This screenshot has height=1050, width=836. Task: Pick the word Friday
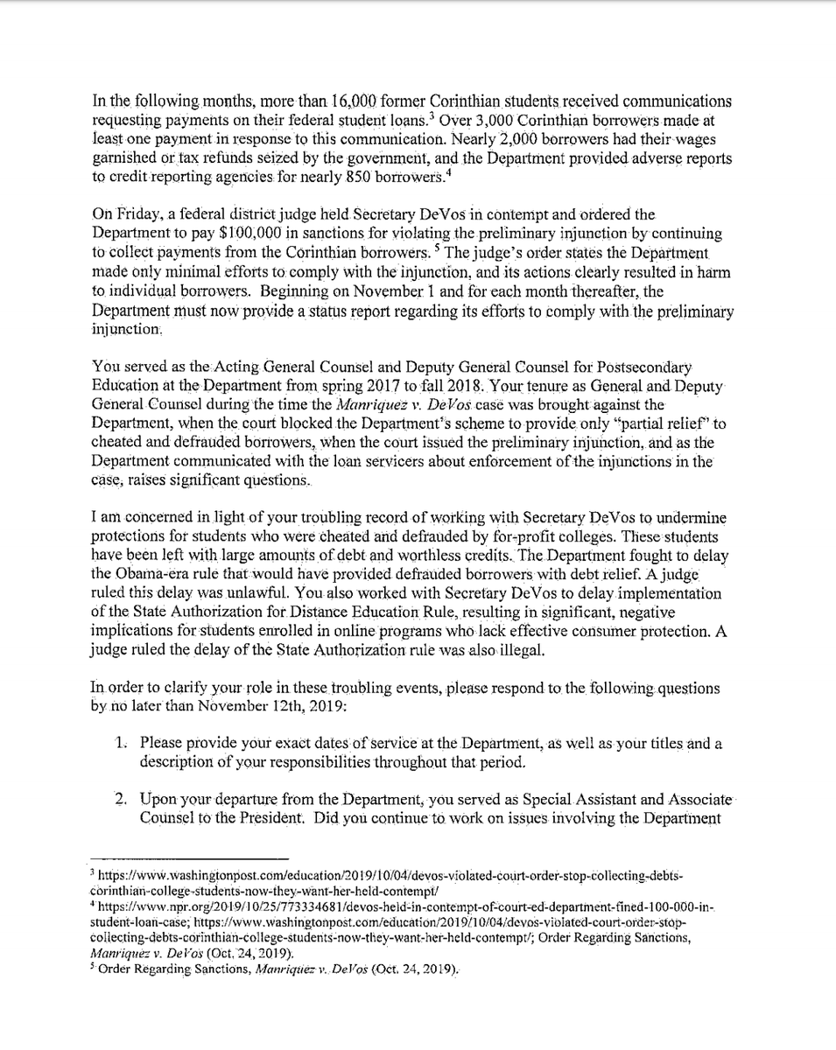click(128, 217)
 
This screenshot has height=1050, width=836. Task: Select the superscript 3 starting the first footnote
click(93, 873)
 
